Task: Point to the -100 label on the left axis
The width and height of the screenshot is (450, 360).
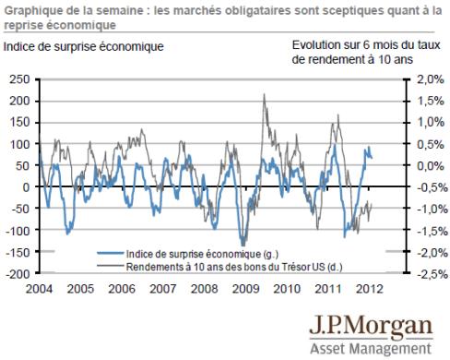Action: coord(18,231)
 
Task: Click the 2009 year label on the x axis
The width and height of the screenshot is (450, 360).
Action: coord(245,289)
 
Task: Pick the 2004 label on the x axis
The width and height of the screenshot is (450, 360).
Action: coord(39,289)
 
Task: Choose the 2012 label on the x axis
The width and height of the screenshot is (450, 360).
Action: coord(370,289)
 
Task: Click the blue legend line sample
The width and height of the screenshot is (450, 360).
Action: coord(111,253)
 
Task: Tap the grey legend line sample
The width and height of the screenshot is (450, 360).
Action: coord(111,265)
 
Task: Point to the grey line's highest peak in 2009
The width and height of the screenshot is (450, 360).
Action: coord(264,94)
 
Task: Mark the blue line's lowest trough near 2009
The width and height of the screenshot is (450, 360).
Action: coord(243,246)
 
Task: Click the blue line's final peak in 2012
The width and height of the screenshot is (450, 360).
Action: coord(369,148)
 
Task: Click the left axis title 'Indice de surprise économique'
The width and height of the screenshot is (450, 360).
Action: coord(83,47)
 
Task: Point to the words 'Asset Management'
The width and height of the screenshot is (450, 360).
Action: coord(371,349)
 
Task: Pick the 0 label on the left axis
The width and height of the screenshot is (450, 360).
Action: coord(27,187)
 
